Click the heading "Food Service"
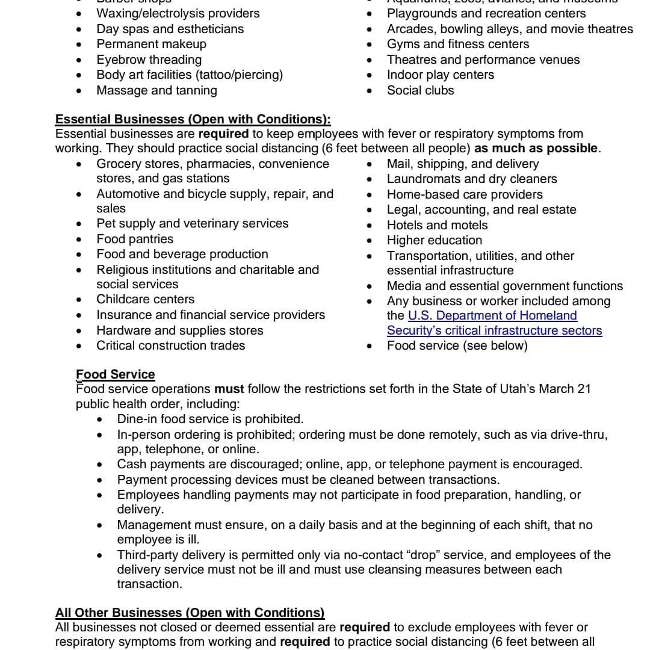click(115, 374)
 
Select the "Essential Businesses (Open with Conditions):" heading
click(193, 119)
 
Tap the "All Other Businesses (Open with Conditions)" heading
click(190, 613)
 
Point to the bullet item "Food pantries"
click(135, 239)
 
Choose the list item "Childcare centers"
click(145, 299)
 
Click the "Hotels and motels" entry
click(437, 225)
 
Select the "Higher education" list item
click(434, 240)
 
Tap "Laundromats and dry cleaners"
click(471, 179)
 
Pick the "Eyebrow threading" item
click(149, 60)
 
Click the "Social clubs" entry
click(420, 90)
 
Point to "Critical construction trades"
click(170, 345)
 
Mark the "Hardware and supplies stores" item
click(179, 330)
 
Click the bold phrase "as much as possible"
click(536, 148)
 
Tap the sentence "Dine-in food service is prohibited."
click(210, 419)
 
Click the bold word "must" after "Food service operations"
click(229, 389)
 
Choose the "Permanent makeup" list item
click(151, 44)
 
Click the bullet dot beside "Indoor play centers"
click(370, 75)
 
